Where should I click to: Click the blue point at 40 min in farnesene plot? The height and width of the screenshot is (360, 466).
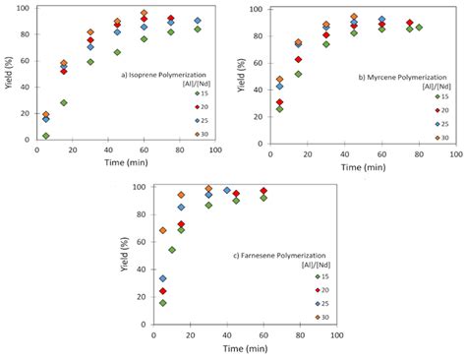(227, 191)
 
